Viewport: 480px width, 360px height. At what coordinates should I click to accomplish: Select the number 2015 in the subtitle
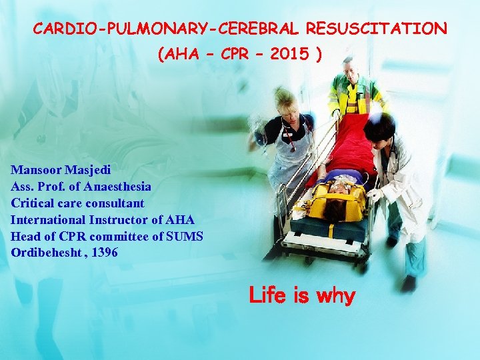(x=291, y=54)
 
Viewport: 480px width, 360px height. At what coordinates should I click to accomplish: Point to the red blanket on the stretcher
(x=350, y=143)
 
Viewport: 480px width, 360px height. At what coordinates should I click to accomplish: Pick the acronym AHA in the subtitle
(x=177, y=54)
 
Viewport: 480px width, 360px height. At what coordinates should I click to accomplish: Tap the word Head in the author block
(x=25, y=235)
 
